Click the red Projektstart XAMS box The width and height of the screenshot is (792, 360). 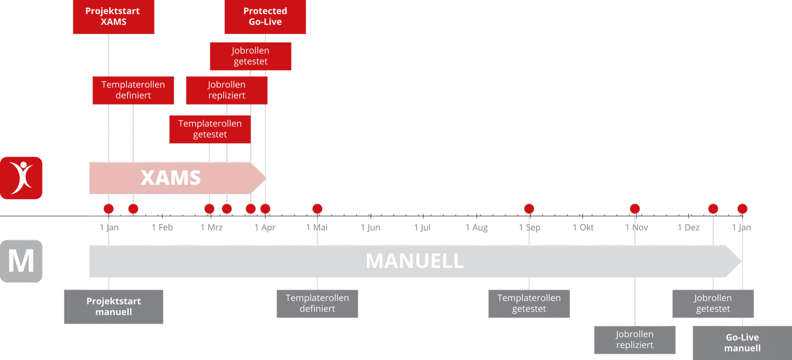coord(113,16)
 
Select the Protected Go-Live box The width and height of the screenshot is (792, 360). coord(265,16)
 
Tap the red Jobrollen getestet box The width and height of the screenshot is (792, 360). coord(250,56)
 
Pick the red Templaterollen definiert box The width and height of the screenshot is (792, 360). coord(133,90)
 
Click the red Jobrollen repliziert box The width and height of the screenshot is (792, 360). coord(227,90)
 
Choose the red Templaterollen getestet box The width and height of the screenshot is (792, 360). coord(209,129)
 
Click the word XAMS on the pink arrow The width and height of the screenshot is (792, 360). coord(171,178)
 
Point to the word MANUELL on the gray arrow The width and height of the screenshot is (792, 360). coord(414,261)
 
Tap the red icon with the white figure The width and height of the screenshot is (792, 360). coord(21,177)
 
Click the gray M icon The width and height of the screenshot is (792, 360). coord(21,261)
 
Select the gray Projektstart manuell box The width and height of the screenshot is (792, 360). coord(114,307)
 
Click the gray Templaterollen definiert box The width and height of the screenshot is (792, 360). coord(317,303)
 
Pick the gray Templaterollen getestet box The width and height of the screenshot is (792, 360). coord(529,303)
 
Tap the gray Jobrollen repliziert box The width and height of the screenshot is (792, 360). coord(635,340)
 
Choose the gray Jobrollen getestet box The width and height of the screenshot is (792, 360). coord(713,303)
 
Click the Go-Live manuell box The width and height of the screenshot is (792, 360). coord(742,342)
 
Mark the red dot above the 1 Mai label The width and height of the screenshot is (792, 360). coord(317,208)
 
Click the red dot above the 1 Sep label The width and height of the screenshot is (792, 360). coord(529,208)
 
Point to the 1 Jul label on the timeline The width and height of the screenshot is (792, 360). coord(423,227)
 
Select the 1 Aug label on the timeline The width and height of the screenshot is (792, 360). coord(477,227)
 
